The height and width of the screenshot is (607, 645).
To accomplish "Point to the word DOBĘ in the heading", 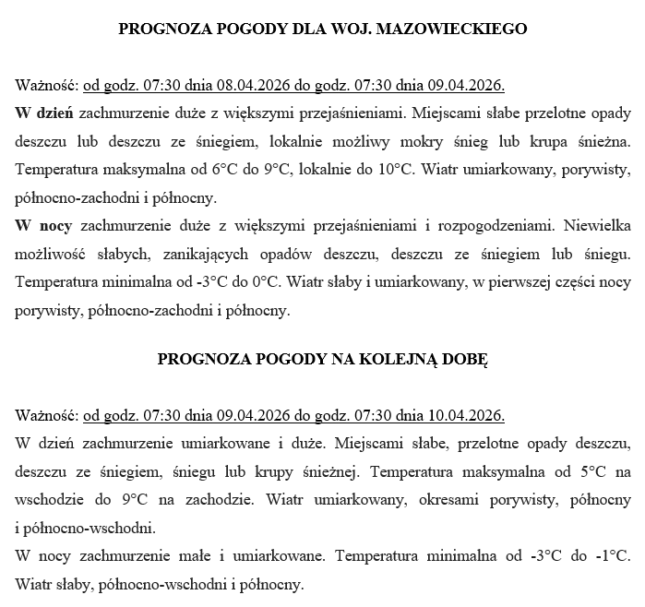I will point(465,359).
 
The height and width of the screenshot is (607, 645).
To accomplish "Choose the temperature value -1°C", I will point(611,556).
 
